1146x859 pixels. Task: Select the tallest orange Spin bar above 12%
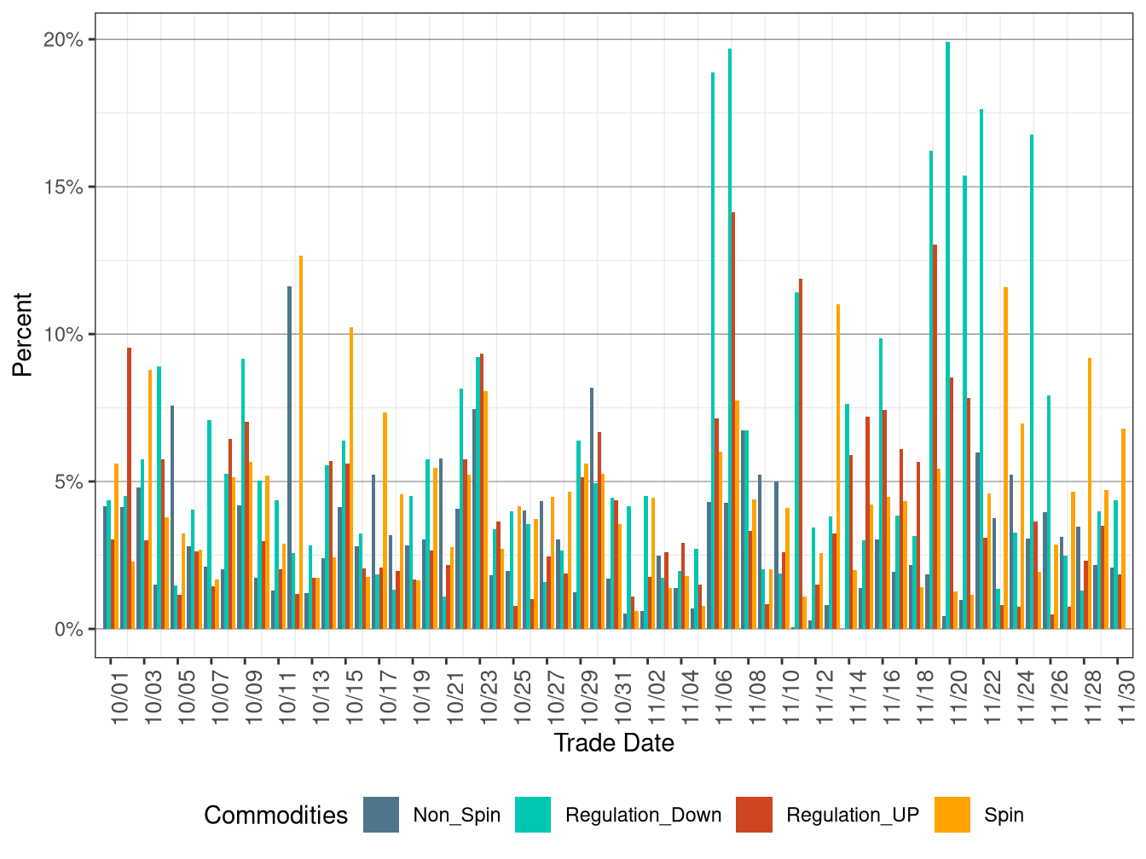click(301, 442)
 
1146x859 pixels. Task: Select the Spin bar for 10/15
click(351, 478)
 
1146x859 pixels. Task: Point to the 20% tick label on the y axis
click(63, 40)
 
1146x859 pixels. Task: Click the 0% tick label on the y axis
click(68, 630)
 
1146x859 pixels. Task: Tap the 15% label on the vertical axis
click(63, 187)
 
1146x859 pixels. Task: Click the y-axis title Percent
click(23, 334)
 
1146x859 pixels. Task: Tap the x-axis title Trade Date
click(614, 743)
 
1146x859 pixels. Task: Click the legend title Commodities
click(275, 816)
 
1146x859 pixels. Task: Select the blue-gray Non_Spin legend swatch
click(381, 815)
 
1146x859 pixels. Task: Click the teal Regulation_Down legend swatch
click(533, 815)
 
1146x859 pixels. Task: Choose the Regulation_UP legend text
click(853, 816)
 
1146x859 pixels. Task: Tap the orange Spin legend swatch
click(952, 815)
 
